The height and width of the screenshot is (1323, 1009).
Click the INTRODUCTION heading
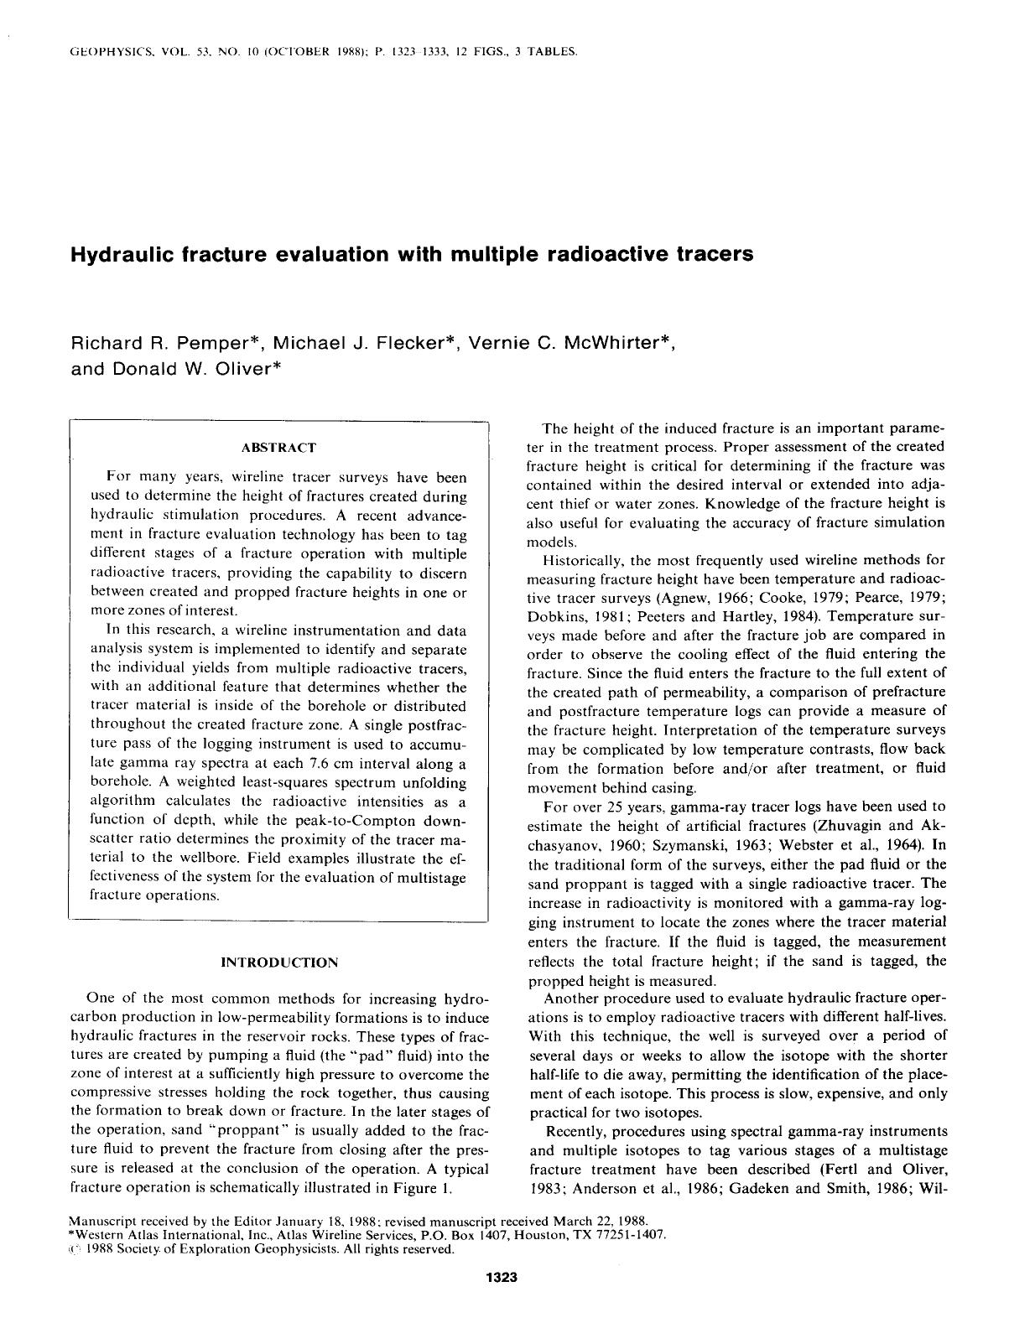coord(278,962)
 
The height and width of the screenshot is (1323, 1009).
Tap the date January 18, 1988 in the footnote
coord(322,1222)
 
